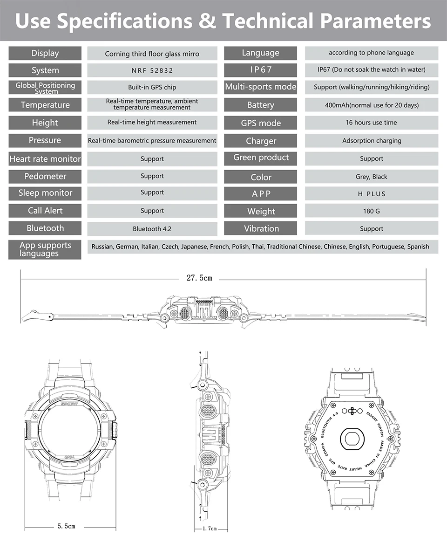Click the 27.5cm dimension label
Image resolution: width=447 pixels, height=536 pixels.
(x=199, y=278)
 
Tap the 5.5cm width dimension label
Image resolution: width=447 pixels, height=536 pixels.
(x=66, y=526)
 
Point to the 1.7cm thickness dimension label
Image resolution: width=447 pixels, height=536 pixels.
(x=210, y=529)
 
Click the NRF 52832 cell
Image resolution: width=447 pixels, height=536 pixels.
(x=152, y=70)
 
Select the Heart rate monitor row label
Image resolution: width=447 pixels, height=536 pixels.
(x=45, y=159)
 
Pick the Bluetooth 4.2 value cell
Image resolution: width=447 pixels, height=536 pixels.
(x=152, y=229)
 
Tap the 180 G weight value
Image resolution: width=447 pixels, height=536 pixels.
(x=371, y=211)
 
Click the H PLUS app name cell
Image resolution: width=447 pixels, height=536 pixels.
(x=371, y=194)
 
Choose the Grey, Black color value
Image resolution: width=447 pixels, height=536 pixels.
(x=371, y=177)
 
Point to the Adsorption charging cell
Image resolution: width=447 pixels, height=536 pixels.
(x=371, y=140)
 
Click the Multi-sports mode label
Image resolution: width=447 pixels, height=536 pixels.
(x=260, y=87)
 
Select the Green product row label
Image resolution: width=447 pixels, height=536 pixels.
(x=261, y=158)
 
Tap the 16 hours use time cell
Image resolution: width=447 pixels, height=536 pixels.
(x=371, y=123)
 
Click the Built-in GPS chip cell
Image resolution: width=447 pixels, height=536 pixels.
(x=152, y=87)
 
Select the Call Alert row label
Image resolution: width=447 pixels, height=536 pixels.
(x=45, y=211)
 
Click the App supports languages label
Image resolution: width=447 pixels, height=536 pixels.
(x=45, y=249)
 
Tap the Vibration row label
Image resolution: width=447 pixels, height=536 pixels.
(x=261, y=229)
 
